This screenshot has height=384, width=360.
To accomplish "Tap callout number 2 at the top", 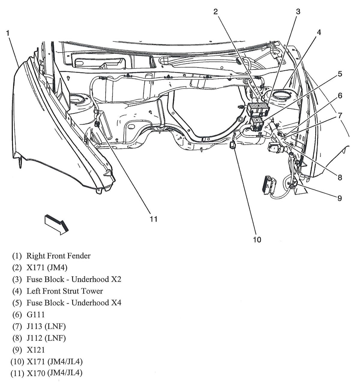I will coord(216,12).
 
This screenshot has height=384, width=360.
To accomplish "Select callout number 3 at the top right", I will coord(298,12).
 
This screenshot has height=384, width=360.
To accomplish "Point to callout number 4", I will coord(319,32).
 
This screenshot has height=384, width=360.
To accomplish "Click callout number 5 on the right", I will coord(340,74).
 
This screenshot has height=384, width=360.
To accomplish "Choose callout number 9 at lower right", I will coord(340,198).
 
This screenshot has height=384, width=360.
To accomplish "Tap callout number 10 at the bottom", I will coord(257,239).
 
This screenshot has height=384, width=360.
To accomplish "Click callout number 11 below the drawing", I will coord(154,219).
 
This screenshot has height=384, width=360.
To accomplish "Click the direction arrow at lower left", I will coord(56,224).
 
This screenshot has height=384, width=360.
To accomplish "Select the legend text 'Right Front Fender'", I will coord(58,256).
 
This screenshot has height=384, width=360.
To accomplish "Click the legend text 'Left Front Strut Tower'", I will coord(64,291).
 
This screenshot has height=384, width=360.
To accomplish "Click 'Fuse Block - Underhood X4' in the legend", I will coord(74,303).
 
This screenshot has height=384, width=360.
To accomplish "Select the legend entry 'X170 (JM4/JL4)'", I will coord(54,373).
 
